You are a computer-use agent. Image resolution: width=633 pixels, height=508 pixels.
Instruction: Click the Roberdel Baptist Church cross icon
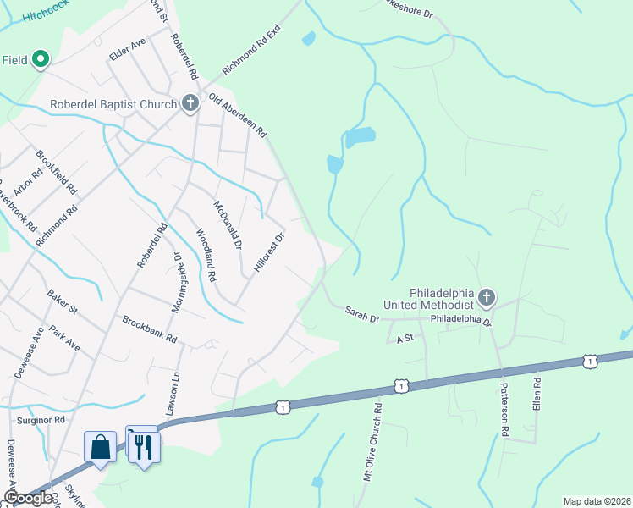pyautogui.click(x=190, y=104)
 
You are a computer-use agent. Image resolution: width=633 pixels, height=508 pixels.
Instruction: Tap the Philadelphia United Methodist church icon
pyautogui.click(x=486, y=297)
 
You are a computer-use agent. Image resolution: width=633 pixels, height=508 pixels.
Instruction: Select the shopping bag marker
pyautogui.click(x=100, y=446)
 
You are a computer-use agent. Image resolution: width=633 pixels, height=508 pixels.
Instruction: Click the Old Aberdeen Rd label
pyautogui.click(x=238, y=115)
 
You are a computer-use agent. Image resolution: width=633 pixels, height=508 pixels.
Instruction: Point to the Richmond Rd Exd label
pyautogui.click(x=250, y=50)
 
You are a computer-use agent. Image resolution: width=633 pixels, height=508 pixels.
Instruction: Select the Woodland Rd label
pyautogui.click(x=206, y=255)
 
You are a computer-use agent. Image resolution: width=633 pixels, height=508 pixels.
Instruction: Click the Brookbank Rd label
pyautogui.click(x=149, y=329)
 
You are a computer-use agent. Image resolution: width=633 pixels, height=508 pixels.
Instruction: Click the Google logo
pyautogui.click(x=28, y=498)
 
